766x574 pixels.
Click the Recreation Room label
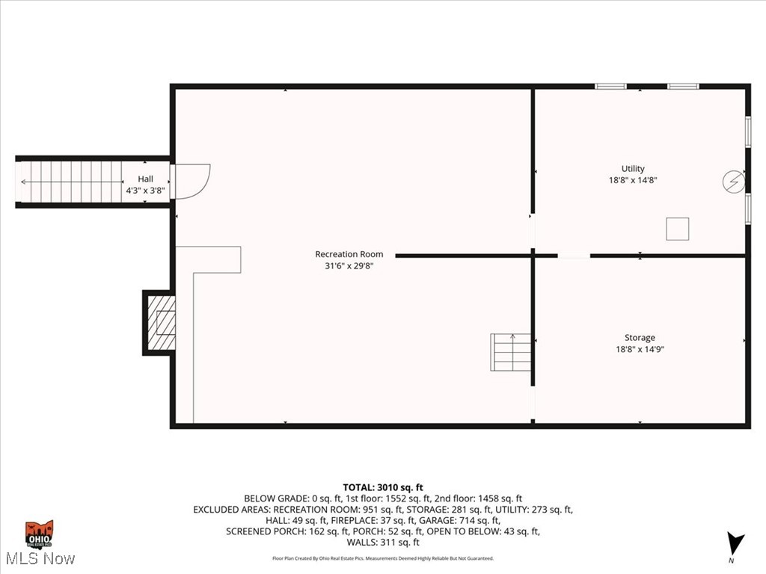pyautogui.click(x=349, y=254)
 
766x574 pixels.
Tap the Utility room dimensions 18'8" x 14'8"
pyautogui.click(x=633, y=180)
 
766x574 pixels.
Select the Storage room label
pyautogui.click(x=640, y=338)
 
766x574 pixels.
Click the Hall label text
pyautogui.click(x=145, y=179)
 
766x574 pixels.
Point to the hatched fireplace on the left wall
pyautogui.click(x=161, y=323)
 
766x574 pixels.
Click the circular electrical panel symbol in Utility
pyautogui.click(x=734, y=181)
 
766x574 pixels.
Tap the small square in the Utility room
pyautogui.click(x=677, y=229)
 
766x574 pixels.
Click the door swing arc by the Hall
pyautogui.click(x=192, y=182)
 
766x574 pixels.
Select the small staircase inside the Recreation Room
pyautogui.click(x=511, y=352)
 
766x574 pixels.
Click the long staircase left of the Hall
pyautogui.click(x=71, y=182)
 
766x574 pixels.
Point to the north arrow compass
pyautogui.click(x=735, y=544)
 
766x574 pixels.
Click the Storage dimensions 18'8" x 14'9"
pyautogui.click(x=640, y=349)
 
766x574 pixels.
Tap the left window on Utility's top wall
pyautogui.click(x=610, y=86)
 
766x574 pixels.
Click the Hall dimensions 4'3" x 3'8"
pyautogui.click(x=145, y=191)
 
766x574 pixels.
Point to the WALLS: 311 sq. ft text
pyautogui.click(x=383, y=542)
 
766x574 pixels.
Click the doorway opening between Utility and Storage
pyautogui.click(x=574, y=256)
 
